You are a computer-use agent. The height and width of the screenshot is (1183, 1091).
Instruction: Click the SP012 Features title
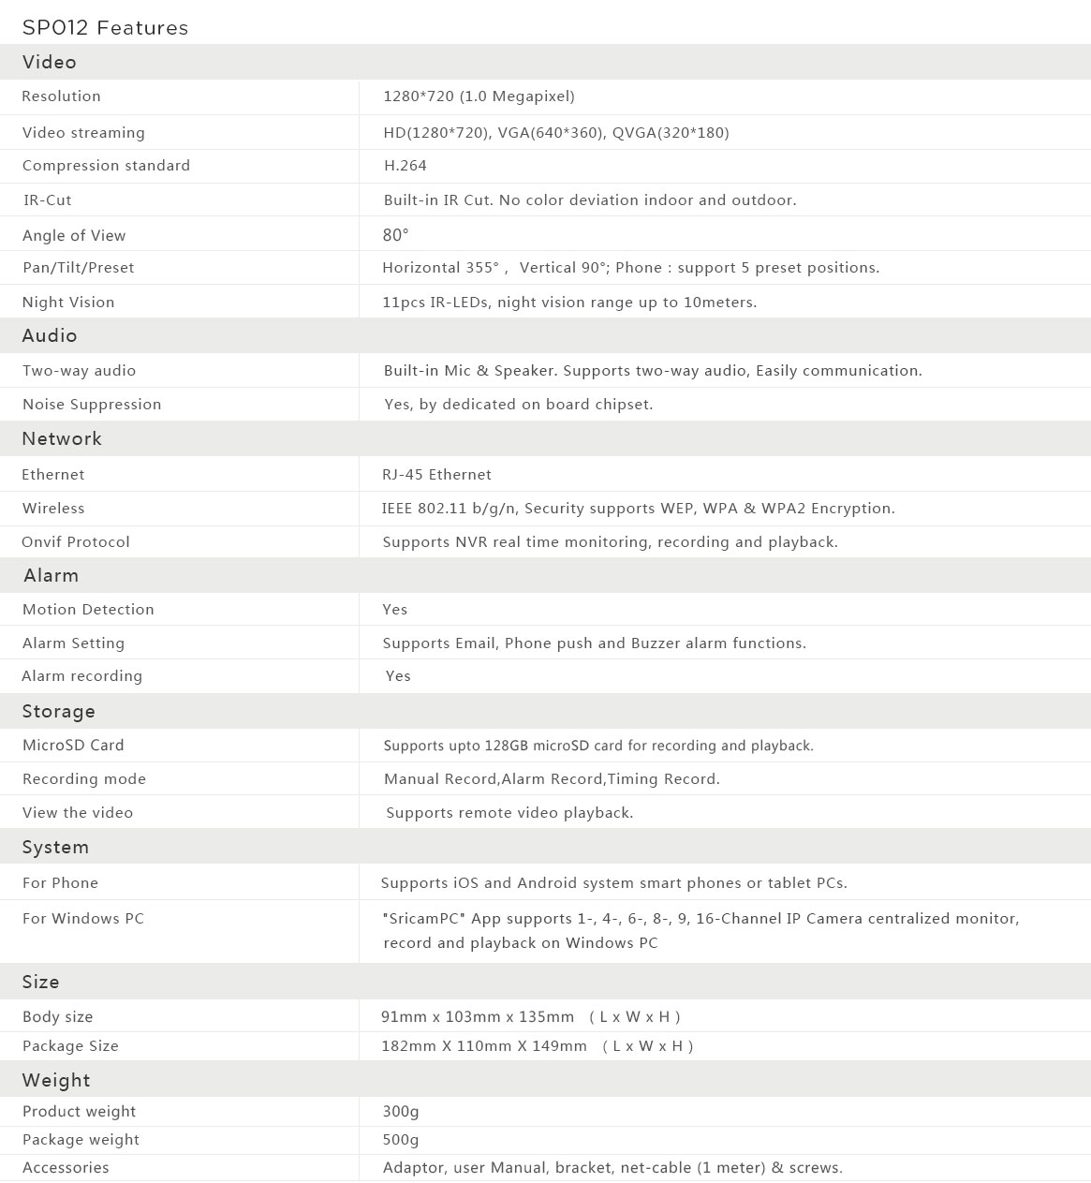(105, 28)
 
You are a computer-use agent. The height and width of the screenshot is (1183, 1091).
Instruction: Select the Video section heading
(50, 63)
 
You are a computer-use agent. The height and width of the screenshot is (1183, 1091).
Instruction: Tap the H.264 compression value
(405, 166)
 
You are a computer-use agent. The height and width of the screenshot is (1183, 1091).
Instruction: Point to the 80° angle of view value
(395, 235)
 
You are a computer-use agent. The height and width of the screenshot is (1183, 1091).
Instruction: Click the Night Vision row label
(68, 303)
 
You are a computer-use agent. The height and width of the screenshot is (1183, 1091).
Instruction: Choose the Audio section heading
(50, 335)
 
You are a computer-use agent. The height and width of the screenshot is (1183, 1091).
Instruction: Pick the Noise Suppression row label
(92, 405)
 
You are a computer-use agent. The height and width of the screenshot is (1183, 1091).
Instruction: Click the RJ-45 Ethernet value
(436, 475)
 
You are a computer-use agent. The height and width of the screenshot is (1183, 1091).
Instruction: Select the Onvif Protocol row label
(76, 542)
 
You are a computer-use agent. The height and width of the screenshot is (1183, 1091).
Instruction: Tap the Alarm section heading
(52, 575)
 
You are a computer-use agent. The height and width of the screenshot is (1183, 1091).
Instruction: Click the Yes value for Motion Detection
(395, 610)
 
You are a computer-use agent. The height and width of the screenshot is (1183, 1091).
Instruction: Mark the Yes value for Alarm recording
(398, 676)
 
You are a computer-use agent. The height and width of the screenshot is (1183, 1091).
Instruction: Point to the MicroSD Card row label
(73, 746)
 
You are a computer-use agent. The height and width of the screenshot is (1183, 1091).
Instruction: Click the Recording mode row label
(84, 779)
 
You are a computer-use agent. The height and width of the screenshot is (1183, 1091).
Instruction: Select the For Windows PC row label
(83, 919)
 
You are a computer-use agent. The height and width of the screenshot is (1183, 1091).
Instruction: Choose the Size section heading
(41, 982)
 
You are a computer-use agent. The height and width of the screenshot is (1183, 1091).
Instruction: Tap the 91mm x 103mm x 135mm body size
(478, 1017)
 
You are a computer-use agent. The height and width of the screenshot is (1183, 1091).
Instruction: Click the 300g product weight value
(401, 1112)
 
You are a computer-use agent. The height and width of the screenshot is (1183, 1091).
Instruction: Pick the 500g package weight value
(401, 1140)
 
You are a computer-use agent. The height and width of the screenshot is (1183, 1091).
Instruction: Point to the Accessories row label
(66, 1168)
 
